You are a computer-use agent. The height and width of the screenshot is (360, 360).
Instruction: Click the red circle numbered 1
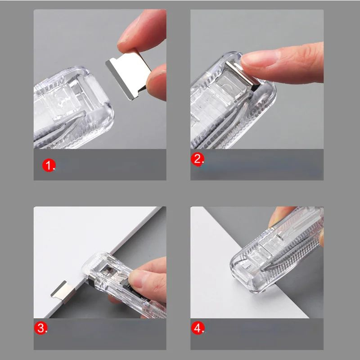click(49, 165)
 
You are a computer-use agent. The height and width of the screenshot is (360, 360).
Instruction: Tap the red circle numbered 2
click(197, 159)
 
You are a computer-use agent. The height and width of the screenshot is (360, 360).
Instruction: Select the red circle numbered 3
click(40, 328)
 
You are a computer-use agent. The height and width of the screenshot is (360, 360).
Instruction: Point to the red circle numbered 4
click(198, 328)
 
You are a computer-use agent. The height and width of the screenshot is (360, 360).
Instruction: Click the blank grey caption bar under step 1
click(100, 165)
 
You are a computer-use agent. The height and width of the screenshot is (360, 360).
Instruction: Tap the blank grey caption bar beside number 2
click(257, 165)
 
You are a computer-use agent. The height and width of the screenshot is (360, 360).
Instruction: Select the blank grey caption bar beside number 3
click(100, 334)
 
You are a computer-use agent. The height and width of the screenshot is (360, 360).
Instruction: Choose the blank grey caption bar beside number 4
click(257, 334)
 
